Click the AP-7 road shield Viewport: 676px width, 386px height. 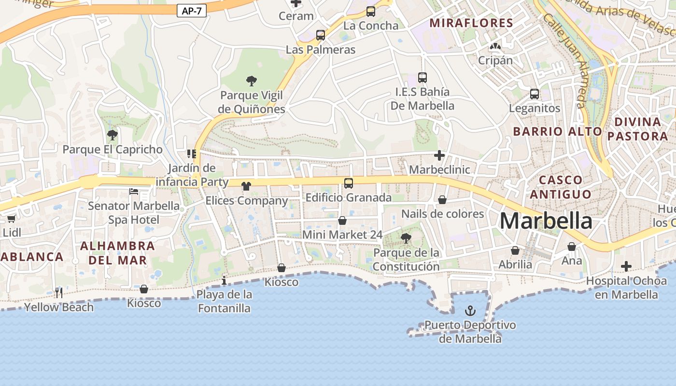pos(192,11)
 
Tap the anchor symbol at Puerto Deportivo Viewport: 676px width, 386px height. pos(470,311)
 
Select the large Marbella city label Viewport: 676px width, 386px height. pos(546,221)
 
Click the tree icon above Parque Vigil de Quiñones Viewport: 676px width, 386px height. pos(251,81)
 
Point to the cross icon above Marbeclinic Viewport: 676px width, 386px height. pos(439,155)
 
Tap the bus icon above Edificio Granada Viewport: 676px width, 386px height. pos(348,183)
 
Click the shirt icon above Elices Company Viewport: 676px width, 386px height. pos(246,186)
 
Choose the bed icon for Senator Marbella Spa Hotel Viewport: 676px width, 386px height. pos(134,192)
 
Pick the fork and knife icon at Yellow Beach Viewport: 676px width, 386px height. pos(59,292)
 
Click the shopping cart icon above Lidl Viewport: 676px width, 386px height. pos(12,218)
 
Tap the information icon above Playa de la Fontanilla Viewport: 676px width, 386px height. pos(224,280)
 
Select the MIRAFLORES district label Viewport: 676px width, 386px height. pos(471,23)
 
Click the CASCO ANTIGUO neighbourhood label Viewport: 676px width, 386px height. pos(560,187)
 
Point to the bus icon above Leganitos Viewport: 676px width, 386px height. pos(534,94)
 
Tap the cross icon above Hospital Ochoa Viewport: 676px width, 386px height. pos(626,266)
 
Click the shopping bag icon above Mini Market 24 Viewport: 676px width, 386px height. pos(342,221)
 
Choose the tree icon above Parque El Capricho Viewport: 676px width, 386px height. pos(112,135)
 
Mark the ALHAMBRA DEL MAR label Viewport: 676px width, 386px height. pos(117,253)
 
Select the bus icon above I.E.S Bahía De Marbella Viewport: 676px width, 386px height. pos(422,77)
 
